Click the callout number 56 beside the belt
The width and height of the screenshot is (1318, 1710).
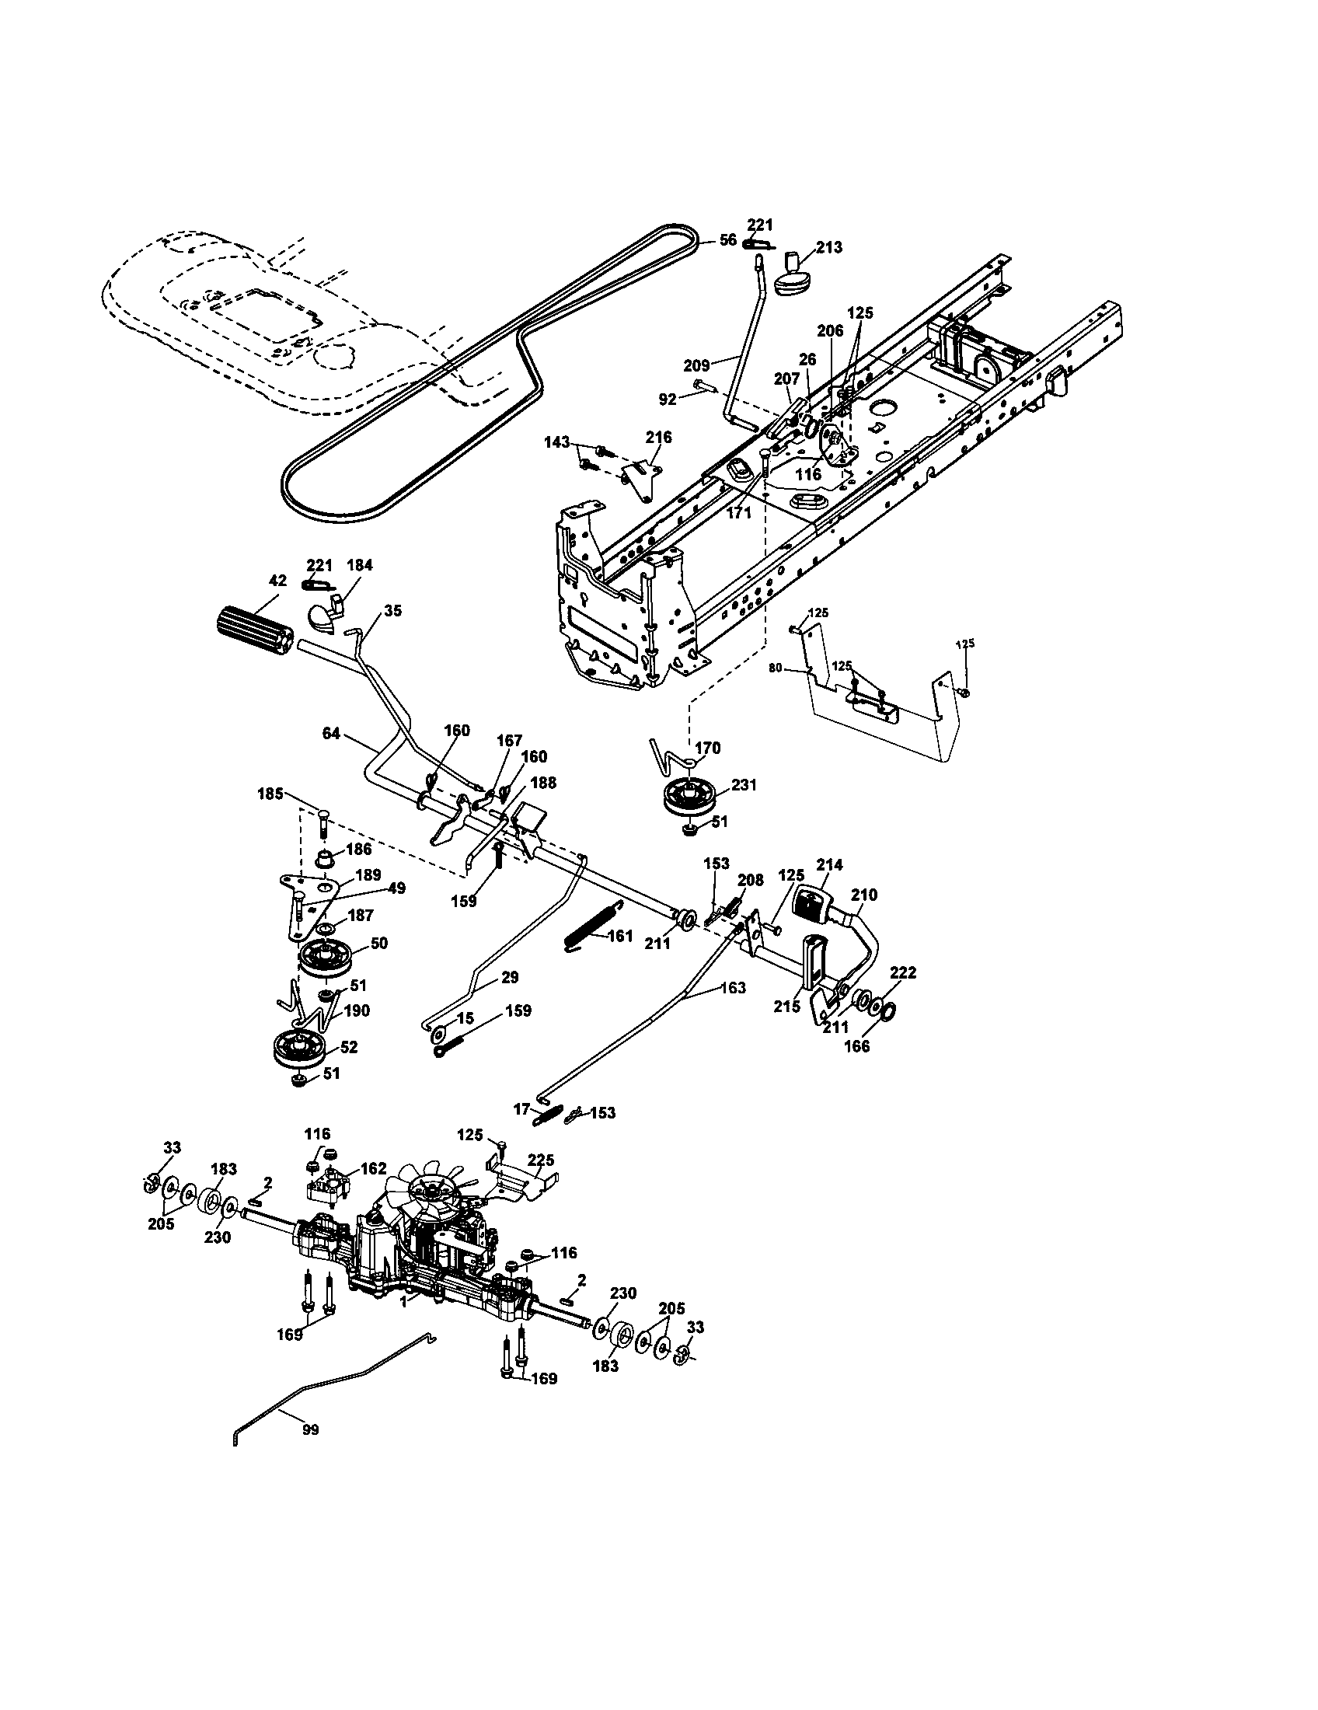pos(728,239)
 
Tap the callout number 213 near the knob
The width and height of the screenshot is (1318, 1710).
pos(829,247)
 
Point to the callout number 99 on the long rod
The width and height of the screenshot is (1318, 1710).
pos(310,1429)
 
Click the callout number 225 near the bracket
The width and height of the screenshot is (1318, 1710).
pos(541,1160)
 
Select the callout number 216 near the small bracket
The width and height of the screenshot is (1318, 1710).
pos(658,437)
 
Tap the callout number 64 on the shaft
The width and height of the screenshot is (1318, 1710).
pos(333,734)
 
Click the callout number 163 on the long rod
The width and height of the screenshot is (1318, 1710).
pos(733,988)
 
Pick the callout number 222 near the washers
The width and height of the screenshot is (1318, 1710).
pos(903,972)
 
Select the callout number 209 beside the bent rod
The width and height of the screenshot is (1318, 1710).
pos(696,365)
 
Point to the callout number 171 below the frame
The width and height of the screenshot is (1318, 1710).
pos(738,513)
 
